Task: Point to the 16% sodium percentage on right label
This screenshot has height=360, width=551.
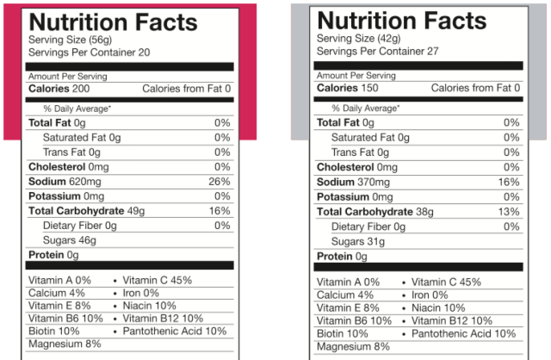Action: point(508,182)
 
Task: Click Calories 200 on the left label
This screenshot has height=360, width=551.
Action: point(58,89)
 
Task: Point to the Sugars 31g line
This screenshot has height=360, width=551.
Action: point(358,241)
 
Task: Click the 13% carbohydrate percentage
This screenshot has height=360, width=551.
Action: point(508,212)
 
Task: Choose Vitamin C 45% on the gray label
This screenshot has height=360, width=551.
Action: point(446,282)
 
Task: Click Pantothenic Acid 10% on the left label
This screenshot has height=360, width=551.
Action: point(174,331)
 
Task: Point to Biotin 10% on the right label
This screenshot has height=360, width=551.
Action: point(343,333)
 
